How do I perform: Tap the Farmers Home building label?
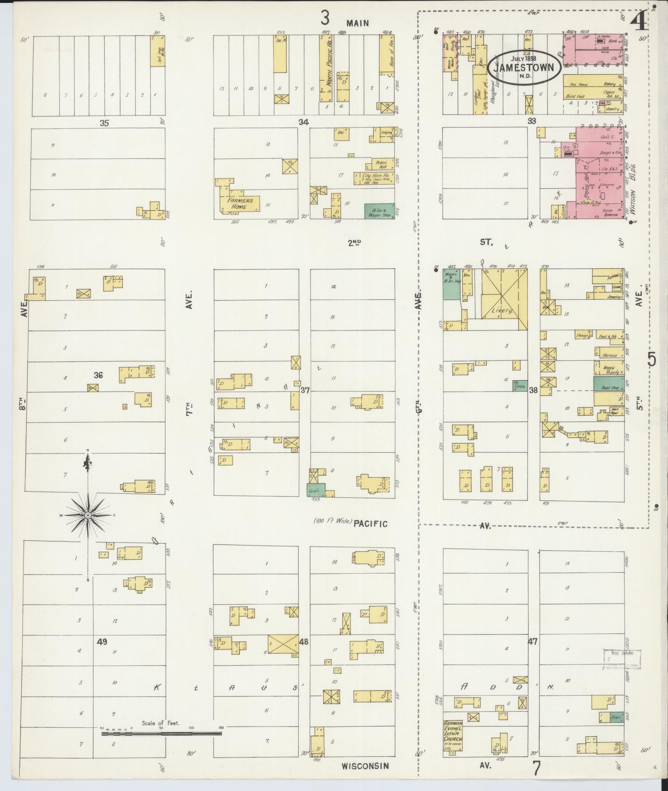[241, 204]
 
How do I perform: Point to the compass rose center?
[88, 515]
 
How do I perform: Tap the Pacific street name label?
[371, 523]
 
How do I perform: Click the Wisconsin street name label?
[364, 766]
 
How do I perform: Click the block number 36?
[98, 375]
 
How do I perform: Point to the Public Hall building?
[380, 164]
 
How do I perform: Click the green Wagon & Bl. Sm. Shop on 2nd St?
[451, 286]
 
